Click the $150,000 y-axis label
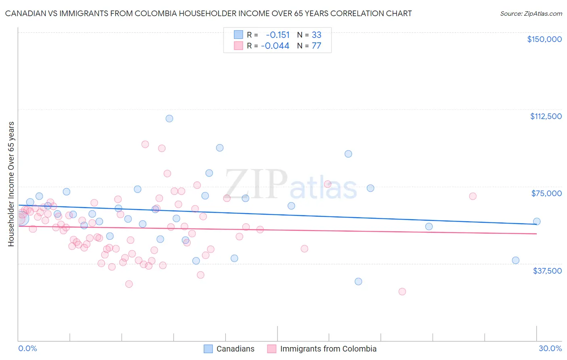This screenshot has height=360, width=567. click(x=544, y=39)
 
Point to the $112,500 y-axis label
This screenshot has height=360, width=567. click(x=546, y=116)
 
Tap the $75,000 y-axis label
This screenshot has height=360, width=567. click(x=546, y=193)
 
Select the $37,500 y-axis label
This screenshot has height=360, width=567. click(x=547, y=271)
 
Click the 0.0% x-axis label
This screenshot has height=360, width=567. click(x=27, y=348)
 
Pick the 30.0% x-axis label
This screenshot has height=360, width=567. click(x=550, y=348)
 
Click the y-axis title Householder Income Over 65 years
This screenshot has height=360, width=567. click(x=11, y=184)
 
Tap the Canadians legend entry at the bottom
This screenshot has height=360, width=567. click(x=235, y=349)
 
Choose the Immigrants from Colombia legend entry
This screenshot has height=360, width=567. click(x=328, y=349)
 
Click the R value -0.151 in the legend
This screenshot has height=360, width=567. click(x=277, y=35)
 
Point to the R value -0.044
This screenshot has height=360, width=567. click(x=275, y=46)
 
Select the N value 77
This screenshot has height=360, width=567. click(x=317, y=46)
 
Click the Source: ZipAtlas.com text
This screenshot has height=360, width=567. click(x=531, y=13)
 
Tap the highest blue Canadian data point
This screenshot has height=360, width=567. click(x=169, y=118)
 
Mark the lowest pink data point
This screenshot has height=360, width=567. click(x=402, y=291)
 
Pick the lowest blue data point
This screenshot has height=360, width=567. click(x=358, y=281)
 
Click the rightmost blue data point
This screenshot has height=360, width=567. click(x=537, y=221)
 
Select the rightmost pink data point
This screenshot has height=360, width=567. click(x=473, y=196)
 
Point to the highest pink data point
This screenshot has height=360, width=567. click(x=145, y=144)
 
